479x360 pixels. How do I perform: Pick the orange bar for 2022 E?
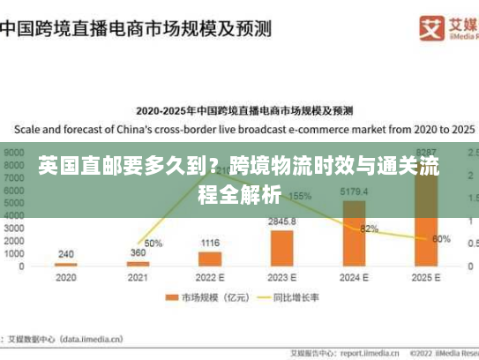point(210,259)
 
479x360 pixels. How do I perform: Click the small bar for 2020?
point(66,265)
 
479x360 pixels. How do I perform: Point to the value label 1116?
point(210,243)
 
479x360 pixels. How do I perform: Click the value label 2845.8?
point(282,221)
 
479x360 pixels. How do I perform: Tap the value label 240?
point(66,254)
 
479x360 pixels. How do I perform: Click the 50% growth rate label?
point(153,244)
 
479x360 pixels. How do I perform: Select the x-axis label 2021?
point(138,277)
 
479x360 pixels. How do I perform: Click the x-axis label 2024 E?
point(354,277)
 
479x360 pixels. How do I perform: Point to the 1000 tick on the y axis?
point(15,254)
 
